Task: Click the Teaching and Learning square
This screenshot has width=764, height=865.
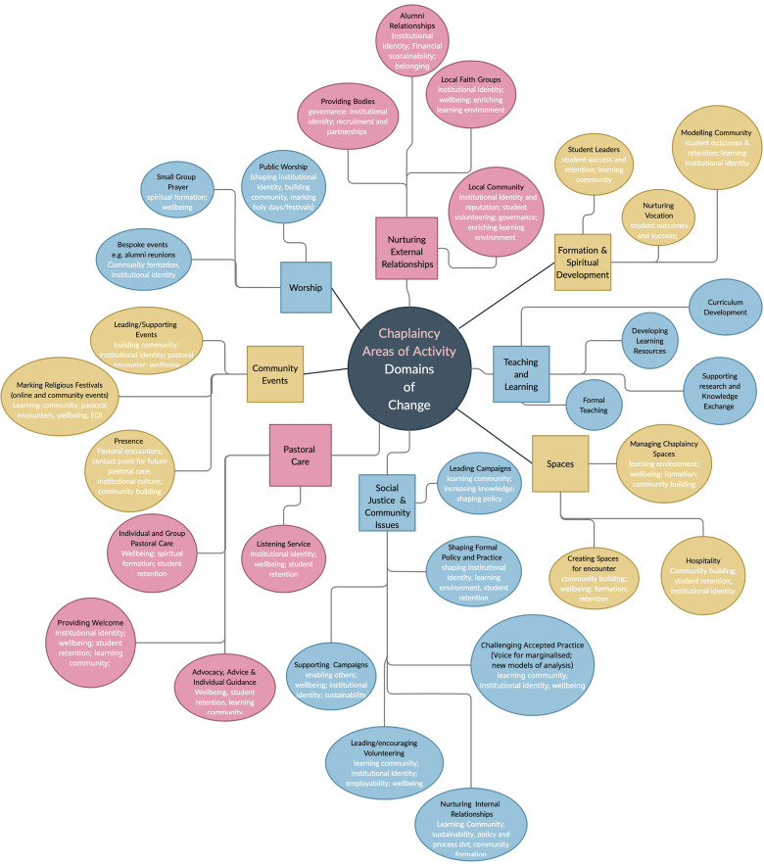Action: tap(521, 374)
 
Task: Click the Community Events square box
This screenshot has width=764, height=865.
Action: tap(275, 374)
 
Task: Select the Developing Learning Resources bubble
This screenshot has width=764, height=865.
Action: tap(649, 338)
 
